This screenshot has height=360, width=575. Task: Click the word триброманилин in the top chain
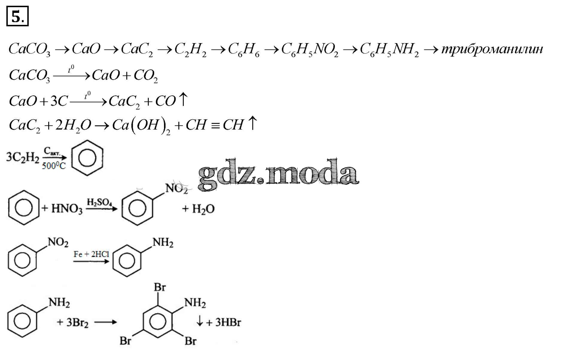point(492,49)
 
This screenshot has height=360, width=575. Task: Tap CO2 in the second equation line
point(146,75)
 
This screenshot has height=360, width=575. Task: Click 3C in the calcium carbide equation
point(59,101)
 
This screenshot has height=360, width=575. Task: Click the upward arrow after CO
point(183,99)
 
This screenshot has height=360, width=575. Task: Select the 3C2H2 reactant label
point(23,157)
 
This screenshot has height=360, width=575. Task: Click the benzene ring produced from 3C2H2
point(87,158)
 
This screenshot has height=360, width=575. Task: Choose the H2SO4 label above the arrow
point(99,202)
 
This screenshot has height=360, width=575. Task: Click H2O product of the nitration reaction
point(203,209)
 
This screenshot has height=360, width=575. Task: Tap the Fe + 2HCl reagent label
point(91,254)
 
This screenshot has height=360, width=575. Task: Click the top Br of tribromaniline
point(159,287)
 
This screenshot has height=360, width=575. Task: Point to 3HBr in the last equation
point(228,322)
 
